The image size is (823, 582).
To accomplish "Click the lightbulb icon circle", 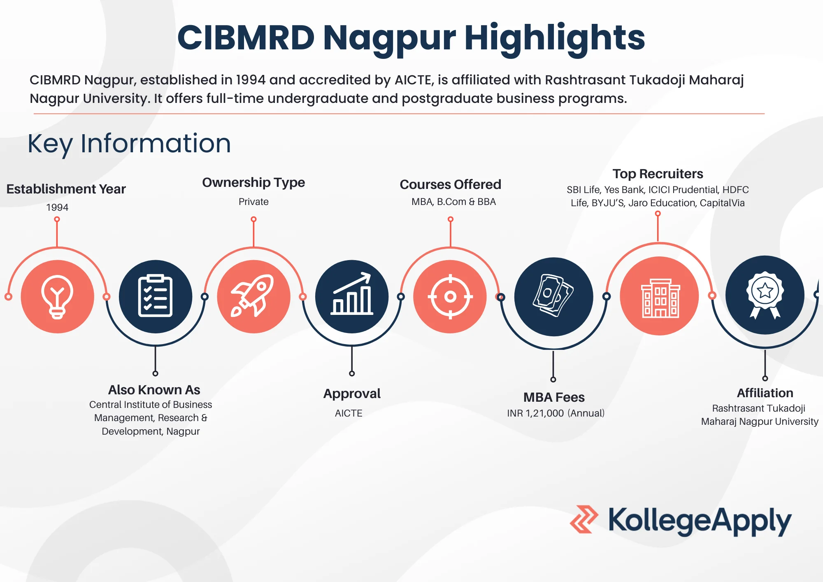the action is pos(57,296).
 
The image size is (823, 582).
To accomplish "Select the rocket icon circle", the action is pos(253,296).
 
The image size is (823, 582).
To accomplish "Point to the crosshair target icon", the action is pos(450,296).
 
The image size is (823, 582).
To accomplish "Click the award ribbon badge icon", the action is pos(765,295).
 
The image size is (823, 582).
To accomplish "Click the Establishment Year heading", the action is pos(66,189).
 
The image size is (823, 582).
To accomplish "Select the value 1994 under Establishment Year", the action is pos(57,207).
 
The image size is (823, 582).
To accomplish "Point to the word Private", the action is pos(253,202).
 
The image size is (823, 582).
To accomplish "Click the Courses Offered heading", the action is pos(451,184).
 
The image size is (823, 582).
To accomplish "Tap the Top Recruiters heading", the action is pos(658,174).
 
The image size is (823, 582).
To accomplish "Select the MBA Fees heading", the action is pos(554,397).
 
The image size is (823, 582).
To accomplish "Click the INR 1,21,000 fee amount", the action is pos(535,413).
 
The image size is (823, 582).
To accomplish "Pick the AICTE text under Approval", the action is pos(349,413).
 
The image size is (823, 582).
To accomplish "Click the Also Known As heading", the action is pos(154,390).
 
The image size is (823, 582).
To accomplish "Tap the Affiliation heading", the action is pos(765,393).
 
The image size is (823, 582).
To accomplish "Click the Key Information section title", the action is pos(129,144).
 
